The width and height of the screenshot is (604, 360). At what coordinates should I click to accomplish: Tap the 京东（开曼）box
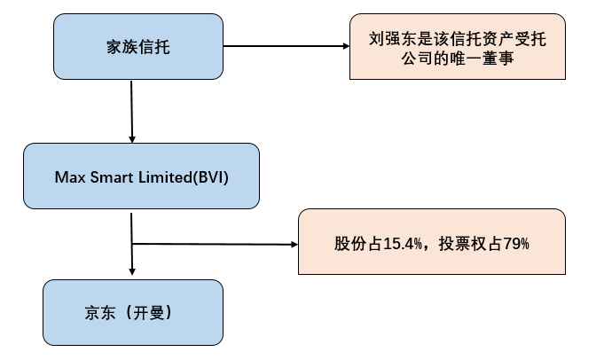(133, 313)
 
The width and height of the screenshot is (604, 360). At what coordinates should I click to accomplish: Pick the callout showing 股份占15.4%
(432, 242)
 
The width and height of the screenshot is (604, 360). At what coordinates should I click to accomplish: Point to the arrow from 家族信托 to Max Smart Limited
(132, 111)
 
